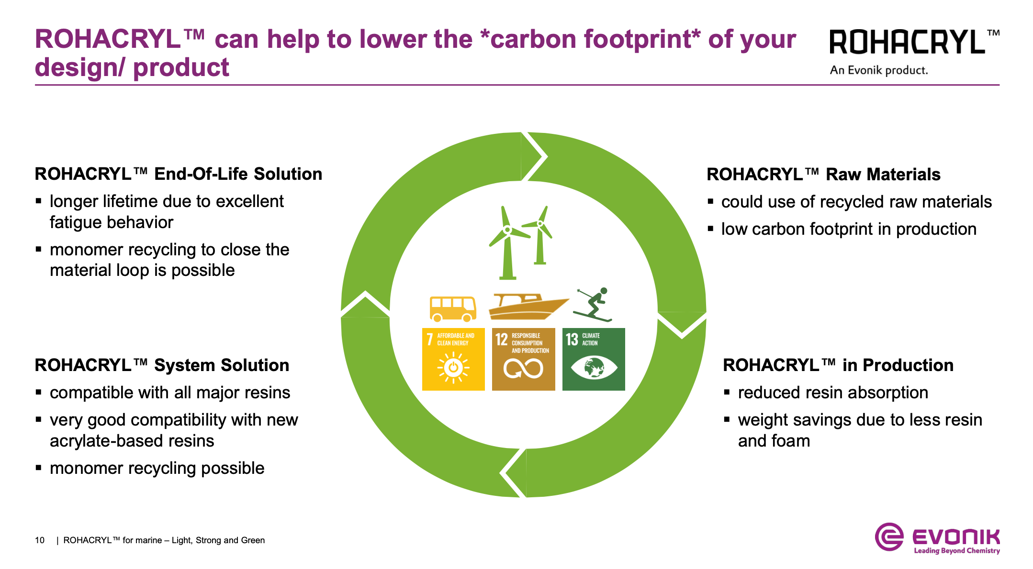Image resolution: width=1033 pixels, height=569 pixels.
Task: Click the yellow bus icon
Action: coord(453,309)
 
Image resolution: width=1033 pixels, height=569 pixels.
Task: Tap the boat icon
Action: coord(528,307)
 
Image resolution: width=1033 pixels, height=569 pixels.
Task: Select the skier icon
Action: coord(593,305)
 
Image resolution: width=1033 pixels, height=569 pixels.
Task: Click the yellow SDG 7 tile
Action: coord(453,359)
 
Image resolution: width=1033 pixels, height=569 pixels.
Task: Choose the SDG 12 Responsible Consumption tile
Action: coord(524,359)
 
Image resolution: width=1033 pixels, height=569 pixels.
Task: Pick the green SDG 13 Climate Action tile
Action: coord(594,359)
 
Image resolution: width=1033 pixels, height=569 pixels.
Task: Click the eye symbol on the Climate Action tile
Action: coord(594,368)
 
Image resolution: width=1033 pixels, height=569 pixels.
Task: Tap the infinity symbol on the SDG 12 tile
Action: coord(523,368)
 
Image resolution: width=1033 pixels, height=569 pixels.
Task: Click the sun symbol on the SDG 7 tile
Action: coord(453,368)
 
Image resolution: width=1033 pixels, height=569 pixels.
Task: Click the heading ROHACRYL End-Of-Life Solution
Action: coord(179,174)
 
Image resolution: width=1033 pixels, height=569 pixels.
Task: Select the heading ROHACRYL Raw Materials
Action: coord(823,175)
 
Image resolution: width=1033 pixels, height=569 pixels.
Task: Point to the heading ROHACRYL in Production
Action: coord(838,365)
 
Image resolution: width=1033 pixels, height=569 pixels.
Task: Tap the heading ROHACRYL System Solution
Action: coord(162,365)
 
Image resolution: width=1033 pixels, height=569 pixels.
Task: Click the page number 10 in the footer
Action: coord(40,540)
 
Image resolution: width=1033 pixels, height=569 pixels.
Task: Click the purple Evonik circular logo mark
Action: coord(889,537)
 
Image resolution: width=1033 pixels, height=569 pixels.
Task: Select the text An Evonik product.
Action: coord(879,70)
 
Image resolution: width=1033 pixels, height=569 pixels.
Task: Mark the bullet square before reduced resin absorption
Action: coord(727,393)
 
